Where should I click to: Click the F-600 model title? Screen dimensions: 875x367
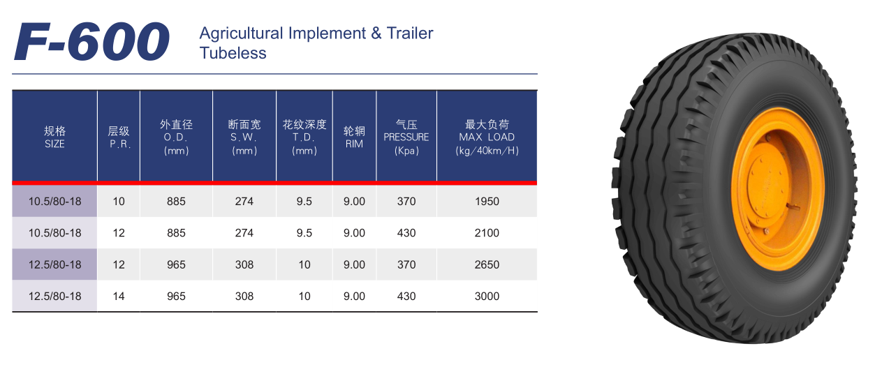click(91, 41)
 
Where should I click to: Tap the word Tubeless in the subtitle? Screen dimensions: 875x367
click(233, 53)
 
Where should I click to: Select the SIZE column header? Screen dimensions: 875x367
click(54, 137)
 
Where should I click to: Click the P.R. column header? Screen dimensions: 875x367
click(119, 137)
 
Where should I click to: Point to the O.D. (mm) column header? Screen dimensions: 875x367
click(176, 137)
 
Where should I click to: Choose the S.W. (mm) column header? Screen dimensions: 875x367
click(244, 137)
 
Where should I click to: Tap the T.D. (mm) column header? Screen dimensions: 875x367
click(304, 137)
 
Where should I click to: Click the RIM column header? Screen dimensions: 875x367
click(354, 137)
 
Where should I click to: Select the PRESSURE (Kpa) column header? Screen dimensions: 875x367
click(406, 137)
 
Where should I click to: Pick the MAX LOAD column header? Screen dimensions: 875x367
click(487, 137)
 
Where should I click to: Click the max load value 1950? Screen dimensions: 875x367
click(487, 202)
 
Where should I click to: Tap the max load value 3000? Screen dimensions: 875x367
click(487, 297)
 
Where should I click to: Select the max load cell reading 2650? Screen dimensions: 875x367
click(487, 264)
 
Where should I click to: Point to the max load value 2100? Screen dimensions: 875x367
click(487, 233)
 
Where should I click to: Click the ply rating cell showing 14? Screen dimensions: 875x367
click(119, 297)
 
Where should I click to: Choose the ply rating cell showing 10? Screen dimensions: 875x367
click(119, 202)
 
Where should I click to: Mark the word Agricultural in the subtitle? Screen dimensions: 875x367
click(241, 34)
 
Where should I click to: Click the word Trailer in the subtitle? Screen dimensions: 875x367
click(410, 33)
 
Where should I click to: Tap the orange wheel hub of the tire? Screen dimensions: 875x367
click(777, 189)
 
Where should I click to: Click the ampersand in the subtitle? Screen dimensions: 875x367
click(376, 33)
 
